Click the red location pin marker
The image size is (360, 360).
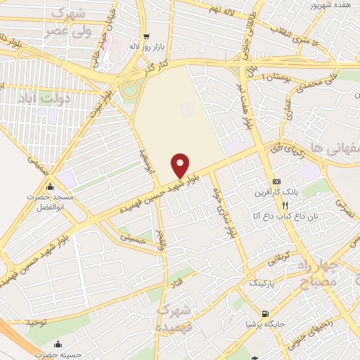click(x=181, y=165)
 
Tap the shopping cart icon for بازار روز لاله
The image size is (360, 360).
click(x=146, y=37)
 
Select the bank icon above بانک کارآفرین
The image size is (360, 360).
click(x=276, y=181)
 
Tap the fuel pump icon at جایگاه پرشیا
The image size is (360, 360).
click(x=264, y=314)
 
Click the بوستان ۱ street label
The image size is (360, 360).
click(x=274, y=75)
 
